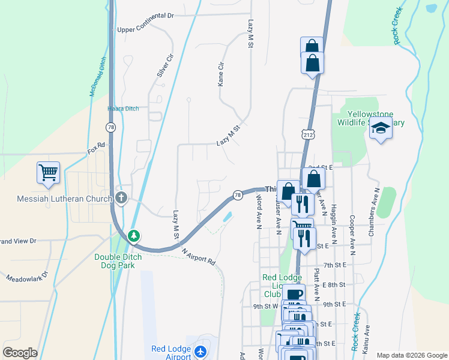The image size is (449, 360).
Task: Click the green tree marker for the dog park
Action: (134, 236)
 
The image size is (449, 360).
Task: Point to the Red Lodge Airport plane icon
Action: (200, 350)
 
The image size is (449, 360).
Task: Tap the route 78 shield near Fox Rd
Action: (110, 127)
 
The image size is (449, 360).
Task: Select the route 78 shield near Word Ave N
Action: (237, 196)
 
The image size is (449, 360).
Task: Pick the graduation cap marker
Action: (381, 128)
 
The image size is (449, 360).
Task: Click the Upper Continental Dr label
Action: (145, 29)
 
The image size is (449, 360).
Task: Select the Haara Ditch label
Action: (123, 109)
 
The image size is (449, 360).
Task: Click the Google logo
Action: (20, 353)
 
